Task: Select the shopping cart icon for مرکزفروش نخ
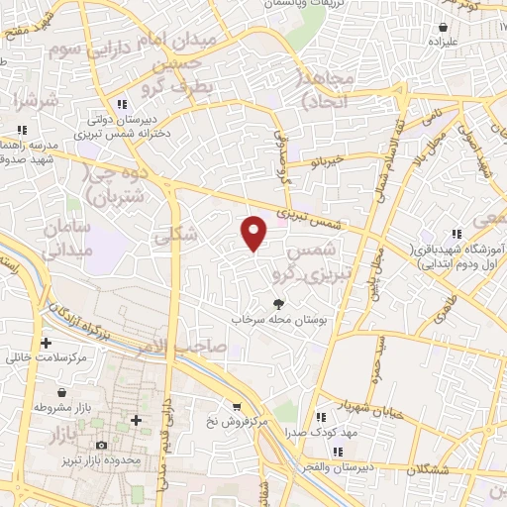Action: (236, 406)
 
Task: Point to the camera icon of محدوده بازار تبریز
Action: (101, 447)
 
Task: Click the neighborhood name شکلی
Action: (176, 234)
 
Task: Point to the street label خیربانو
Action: (324, 160)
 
